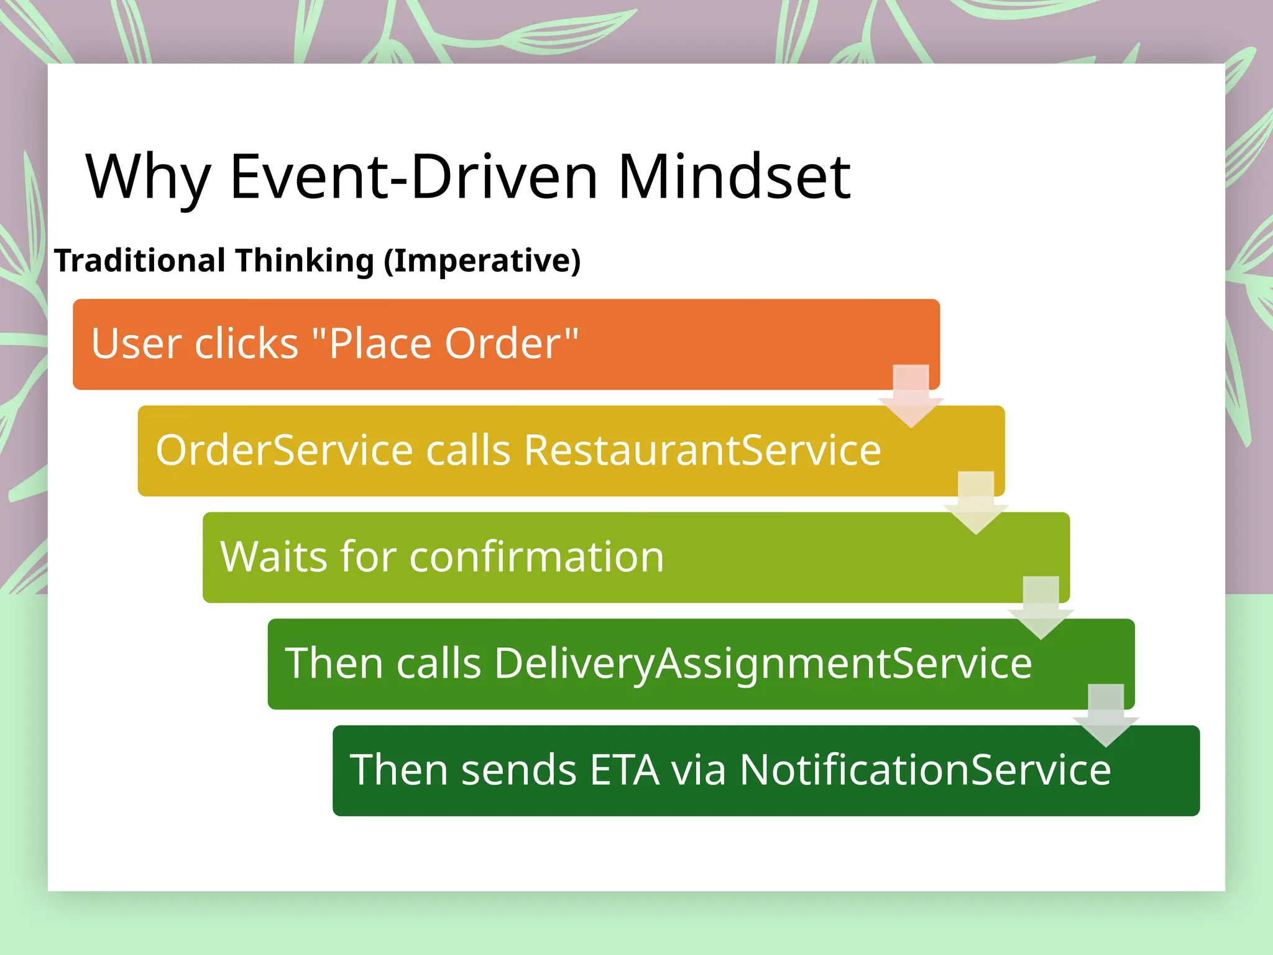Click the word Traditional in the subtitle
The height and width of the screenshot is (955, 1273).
click(x=139, y=260)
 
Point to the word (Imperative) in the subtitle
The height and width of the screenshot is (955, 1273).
click(x=482, y=260)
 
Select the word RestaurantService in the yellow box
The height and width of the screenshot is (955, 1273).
click(x=702, y=450)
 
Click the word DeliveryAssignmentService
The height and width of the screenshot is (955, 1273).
click(x=763, y=663)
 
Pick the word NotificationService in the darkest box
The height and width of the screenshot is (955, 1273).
click(x=925, y=770)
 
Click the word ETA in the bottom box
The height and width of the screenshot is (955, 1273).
click(x=624, y=770)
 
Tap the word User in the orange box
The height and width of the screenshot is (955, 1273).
click(x=134, y=343)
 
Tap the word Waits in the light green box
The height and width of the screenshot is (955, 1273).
click(x=274, y=556)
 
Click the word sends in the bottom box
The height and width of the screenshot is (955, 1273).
click(x=519, y=770)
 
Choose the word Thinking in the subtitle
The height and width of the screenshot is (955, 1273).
click(x=305, y=260)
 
